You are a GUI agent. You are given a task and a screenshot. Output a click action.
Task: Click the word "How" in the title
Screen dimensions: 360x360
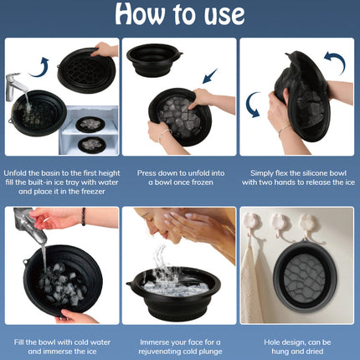[x=140, y=13]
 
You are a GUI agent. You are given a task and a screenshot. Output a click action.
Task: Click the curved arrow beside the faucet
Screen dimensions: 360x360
[x=40, y=67]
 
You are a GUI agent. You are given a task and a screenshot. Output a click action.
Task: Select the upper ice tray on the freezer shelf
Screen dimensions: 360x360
[x=90, y=124]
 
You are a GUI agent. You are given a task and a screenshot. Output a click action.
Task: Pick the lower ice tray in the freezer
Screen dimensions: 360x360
[x=92, y=145]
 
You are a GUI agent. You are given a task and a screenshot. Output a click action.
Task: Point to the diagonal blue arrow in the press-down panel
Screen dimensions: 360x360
[x=210, y=76]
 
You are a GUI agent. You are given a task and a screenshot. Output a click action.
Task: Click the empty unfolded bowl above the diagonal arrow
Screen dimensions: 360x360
[x=154, y=59]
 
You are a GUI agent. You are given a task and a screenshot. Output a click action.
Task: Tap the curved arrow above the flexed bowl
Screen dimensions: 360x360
[x=336, y=62]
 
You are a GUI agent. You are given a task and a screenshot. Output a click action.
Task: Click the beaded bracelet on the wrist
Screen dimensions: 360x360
[x=83, y=217]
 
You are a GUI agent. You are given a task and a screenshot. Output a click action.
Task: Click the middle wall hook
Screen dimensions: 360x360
[x=279, y=224]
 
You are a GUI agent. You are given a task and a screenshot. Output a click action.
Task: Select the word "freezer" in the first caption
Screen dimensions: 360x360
[x=93, y=192]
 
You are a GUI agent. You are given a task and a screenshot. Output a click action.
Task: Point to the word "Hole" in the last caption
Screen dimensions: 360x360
[x=272, y=342]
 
